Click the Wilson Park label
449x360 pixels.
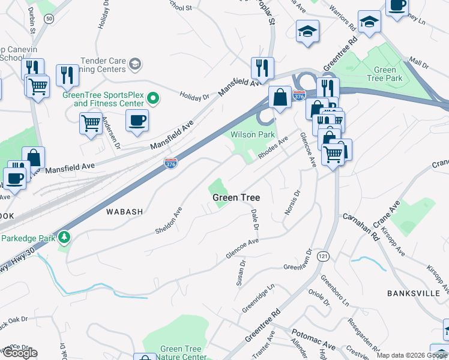(253, 135)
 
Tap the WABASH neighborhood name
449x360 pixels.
(124, 212)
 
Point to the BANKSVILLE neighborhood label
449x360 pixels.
(414, 293)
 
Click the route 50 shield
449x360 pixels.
(49, 19)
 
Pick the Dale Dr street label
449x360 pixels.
(255, 220)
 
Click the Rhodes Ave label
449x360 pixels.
(273, 147)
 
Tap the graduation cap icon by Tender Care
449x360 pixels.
(135, 63)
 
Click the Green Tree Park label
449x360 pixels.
(385, 74)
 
